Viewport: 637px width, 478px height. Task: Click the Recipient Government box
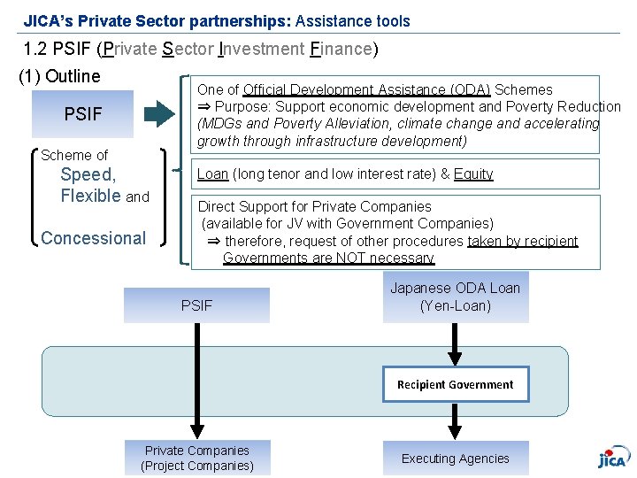456,384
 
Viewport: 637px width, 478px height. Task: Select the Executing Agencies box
456,459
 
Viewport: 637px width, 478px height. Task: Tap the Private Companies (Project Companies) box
196,459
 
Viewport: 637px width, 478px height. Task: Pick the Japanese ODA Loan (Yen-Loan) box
456,297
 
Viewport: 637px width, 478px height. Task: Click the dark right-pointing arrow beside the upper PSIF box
159,113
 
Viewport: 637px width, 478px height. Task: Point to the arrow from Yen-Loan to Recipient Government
456,344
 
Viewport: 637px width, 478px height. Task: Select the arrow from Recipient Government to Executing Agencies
456,420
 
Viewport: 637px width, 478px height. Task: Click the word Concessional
93,238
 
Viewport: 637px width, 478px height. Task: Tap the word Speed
88,175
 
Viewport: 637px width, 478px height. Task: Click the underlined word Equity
473,174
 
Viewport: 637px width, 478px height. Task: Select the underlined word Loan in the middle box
212,174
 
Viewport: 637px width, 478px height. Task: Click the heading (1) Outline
59,76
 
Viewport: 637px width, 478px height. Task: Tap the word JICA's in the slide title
49,19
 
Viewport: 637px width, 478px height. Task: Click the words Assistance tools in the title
353,19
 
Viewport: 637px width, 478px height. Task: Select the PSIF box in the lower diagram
196,305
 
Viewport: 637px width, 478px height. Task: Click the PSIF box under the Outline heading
82,114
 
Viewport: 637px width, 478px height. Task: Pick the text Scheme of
74,155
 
